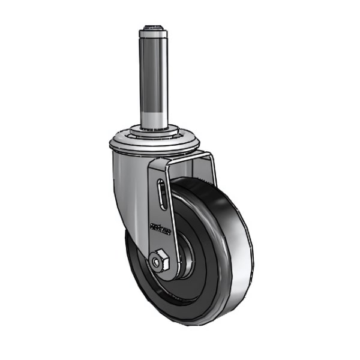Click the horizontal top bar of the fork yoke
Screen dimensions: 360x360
(x=180, y=158)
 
